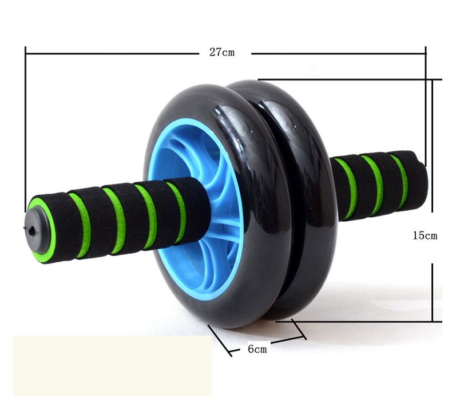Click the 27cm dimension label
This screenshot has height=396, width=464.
[222, 53]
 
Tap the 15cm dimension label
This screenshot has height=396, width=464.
[425, 235]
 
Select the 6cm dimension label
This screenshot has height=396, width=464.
[257, 349]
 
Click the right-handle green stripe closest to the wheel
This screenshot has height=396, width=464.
[348, 189]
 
